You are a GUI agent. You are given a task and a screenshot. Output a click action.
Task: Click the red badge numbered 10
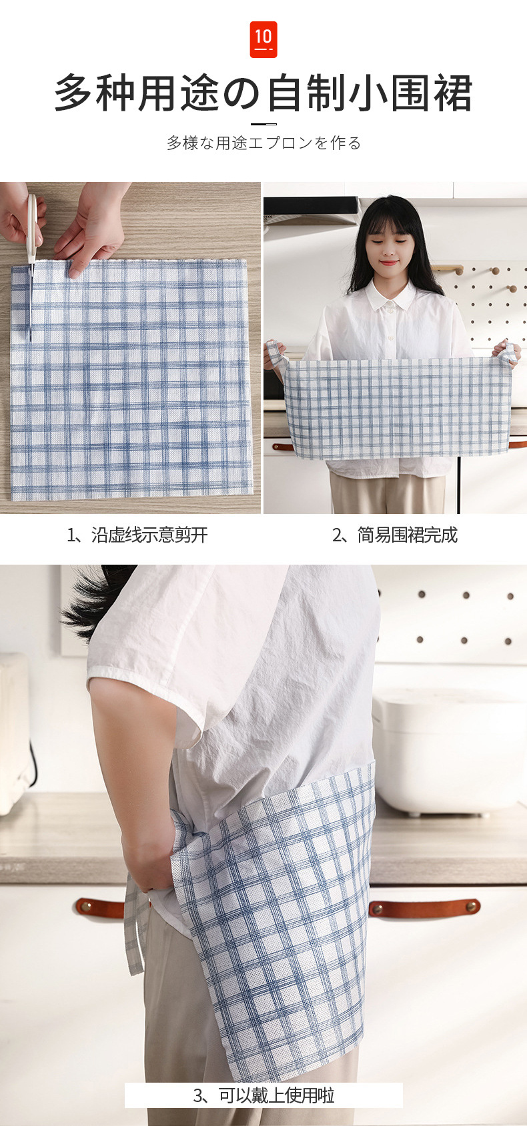click(x=263, y=39)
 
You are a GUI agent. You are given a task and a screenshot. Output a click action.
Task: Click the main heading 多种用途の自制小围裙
click(x=263, y=93)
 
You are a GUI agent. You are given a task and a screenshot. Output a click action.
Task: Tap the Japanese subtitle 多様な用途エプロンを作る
click(x=263, y=143)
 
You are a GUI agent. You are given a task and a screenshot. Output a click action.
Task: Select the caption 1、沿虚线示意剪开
click(x=137, y=535)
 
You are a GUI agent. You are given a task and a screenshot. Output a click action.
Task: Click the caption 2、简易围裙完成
click(x=395, y=535)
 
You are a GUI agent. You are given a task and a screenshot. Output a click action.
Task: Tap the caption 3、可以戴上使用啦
click(x=263, y=1095)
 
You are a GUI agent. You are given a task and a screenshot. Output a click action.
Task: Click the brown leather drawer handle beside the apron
click(x=424, y=906)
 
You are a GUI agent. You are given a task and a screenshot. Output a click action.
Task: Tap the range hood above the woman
click(x=312, y=209)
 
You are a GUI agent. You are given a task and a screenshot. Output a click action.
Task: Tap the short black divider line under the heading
click(x=263, y=123)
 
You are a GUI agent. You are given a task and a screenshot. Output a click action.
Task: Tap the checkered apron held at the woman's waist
click(x=398, y=408)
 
